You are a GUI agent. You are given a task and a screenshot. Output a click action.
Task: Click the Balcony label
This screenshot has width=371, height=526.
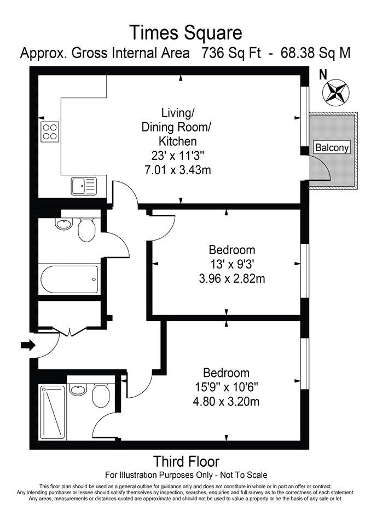[332, 147]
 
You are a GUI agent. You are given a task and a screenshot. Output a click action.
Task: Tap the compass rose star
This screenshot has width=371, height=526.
[335, 92]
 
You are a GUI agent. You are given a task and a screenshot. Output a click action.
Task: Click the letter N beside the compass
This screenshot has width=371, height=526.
[323, 75]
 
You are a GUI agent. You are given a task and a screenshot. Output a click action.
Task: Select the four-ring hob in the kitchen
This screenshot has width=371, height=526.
[50, 131]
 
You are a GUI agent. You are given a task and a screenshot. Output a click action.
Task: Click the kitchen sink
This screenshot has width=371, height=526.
[84, 186]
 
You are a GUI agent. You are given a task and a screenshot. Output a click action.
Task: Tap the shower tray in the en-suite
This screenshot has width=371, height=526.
[53, 412]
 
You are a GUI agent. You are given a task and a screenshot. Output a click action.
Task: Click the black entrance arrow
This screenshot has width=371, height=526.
[28, 345]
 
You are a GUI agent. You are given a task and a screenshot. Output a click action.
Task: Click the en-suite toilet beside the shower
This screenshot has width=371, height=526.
[100, 395]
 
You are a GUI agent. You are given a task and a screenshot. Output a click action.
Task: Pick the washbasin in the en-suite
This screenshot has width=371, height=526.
[78, 390]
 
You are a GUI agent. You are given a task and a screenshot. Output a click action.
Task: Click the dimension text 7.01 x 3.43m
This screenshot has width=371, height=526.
[177, 170]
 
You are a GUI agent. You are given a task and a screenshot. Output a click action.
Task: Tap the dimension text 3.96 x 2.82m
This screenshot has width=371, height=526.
[232, 278]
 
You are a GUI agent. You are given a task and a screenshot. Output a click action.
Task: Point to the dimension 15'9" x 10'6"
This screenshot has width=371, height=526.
[227, 387]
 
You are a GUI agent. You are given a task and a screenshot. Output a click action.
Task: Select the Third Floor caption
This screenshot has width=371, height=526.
[187, 461]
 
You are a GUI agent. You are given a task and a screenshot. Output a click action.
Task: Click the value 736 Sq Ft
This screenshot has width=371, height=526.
[231, 53]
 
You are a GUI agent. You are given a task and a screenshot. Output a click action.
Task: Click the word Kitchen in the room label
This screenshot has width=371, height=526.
[178, 141]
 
